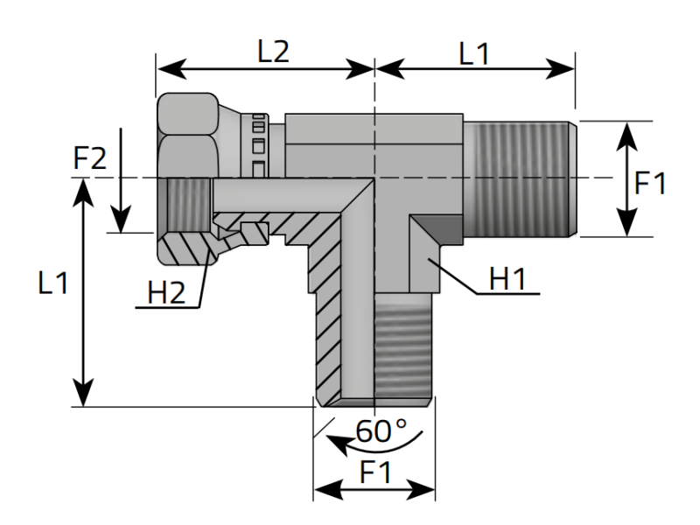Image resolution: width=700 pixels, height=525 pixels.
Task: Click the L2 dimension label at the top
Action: pyautogui.click(x=274, y=52)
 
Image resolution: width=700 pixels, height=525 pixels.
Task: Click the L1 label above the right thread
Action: pyautogui.click(x=474, y=54)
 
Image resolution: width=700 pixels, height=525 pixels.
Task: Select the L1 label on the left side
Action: pyautogui.click(x=53, y=283)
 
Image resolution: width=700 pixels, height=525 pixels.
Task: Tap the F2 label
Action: pyautogui.click(x=90, y=158)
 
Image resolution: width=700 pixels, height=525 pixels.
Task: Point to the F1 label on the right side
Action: pyautogui.click(x=650, y=183)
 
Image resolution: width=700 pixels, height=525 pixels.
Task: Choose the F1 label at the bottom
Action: pyautogui.click(x=375, y=472)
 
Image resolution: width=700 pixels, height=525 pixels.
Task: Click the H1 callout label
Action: pyautogui.click(x=507, y=279)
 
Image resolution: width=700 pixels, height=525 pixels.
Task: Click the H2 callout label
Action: pyautogui.click(x=166, y=293)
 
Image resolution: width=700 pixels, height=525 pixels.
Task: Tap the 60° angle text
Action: pyautogui.click(x=381, y=431)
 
